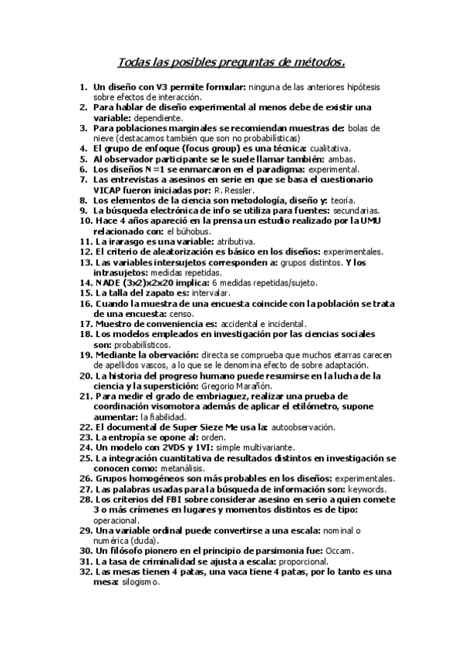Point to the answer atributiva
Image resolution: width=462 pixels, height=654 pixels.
[211, 241]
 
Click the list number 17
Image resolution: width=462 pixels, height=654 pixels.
[85, 324]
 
